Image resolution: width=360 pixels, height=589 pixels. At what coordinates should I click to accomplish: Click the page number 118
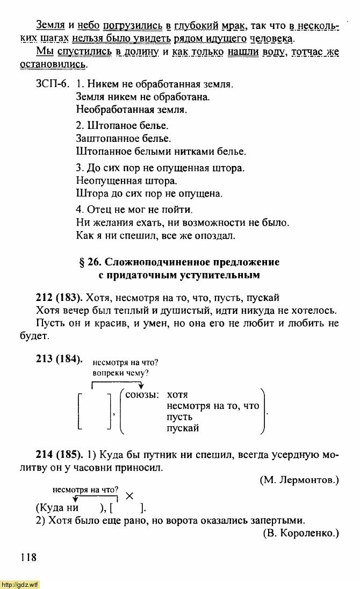[x=29, y=557]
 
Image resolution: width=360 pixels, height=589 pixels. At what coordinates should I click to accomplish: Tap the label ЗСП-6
[x=50, y=84]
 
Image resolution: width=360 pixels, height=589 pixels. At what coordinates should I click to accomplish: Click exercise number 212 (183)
[x=59, y=297]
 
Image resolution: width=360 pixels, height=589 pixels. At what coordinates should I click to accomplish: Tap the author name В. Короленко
[x=301, y=533]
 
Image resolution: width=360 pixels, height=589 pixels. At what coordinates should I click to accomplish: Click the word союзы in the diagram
[x=141, y=395]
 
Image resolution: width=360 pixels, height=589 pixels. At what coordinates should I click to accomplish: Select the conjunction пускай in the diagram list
[x=183, y=428]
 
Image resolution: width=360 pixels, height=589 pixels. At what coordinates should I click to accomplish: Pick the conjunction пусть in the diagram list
[x=179, y=417]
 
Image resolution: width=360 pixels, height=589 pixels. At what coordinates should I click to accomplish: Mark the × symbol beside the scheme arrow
[x=129, y=497]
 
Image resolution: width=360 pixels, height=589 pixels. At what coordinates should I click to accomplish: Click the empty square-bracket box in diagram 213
[x=95, y=412]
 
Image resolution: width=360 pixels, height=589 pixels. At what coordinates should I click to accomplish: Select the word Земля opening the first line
[x=51, y=25]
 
